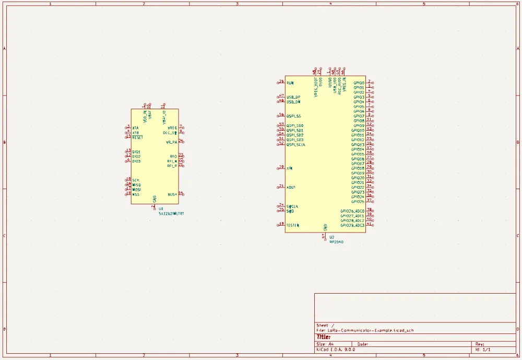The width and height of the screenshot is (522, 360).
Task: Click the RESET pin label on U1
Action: coord(137,137)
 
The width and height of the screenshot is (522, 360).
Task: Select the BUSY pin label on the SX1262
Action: coord(172,194)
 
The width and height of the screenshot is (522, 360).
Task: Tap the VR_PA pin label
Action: coord(171,142)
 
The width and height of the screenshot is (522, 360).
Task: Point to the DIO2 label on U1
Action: coord(136,156)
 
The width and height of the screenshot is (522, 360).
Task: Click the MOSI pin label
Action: coord(137,190)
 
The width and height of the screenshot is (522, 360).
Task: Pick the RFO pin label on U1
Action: coord(173,156)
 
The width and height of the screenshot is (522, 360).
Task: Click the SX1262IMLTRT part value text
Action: coord(171,214)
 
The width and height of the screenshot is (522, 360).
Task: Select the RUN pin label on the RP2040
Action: coord(290,83)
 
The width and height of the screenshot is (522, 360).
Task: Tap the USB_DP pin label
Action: coord(293,97)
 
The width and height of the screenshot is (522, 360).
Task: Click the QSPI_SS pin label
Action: coord(294,116)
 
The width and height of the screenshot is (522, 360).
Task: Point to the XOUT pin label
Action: coord(291,187)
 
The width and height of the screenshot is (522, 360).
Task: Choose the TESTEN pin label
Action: coord(293,225)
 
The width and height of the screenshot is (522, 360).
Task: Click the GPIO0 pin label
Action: coord(359,83)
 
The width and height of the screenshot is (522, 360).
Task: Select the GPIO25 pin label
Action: coord(358,202)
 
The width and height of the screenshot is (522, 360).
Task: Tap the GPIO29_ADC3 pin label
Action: coord(352,225)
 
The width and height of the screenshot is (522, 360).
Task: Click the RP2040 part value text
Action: coord(337,242)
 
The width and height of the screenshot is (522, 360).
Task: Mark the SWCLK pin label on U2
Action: coord(292,206)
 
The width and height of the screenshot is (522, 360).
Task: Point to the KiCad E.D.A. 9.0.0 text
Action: coord(336,350)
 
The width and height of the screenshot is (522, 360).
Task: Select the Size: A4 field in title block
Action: coord(325,344)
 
